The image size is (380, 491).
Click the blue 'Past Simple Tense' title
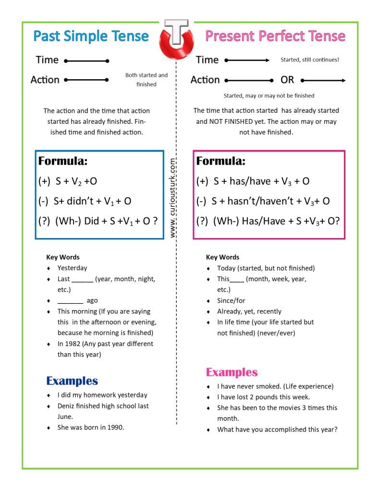tap(91, 36)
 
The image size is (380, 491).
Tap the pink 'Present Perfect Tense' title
tap(275, 36)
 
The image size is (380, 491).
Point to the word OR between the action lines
tap(287, 80)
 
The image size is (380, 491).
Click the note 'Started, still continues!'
tap(309, 60)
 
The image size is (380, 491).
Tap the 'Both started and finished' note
tap(147, 80)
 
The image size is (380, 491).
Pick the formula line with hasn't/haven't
tap(263, 202)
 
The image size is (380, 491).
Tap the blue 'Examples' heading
tap(72, 381)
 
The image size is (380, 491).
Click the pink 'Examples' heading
tap(232, 372)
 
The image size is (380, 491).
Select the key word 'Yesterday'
tap(72, 268)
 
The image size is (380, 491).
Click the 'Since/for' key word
tap(231, 300)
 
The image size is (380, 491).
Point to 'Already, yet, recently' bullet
tap(249, 311)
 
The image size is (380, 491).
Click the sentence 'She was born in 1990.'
tap(91, 427)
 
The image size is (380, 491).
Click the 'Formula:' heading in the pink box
tap(221, 161)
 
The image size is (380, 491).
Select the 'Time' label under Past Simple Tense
tap(47, 60)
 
